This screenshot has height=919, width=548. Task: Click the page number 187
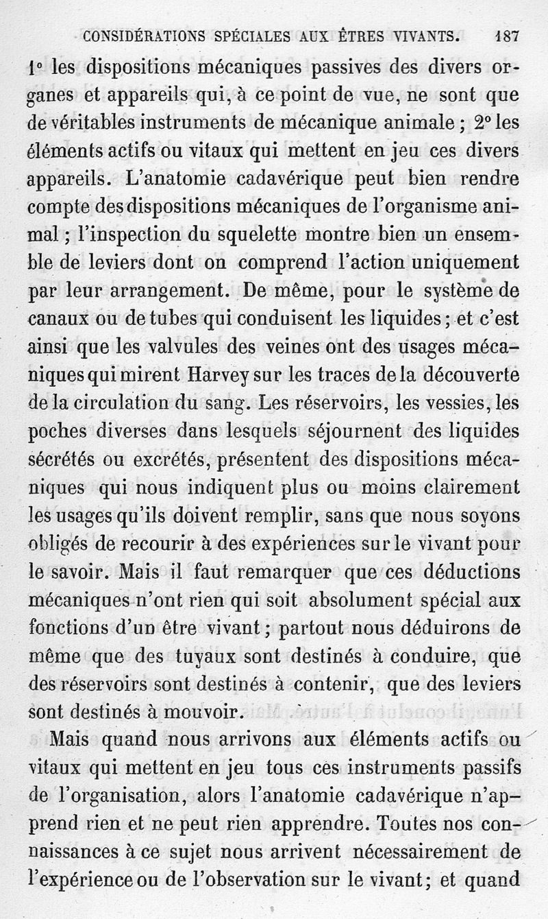[506, 36]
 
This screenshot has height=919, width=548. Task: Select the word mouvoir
[208, 713]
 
